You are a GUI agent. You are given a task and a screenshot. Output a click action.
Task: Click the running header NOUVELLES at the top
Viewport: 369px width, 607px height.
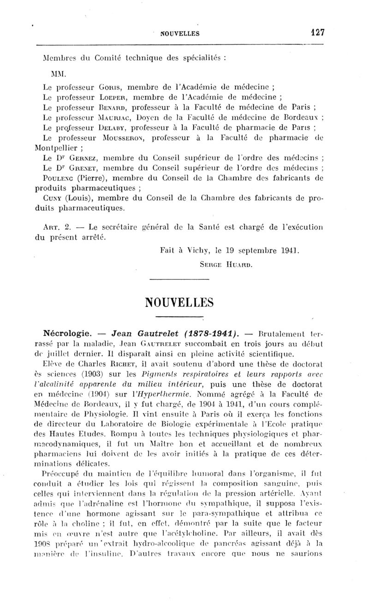tap(180, 33)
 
